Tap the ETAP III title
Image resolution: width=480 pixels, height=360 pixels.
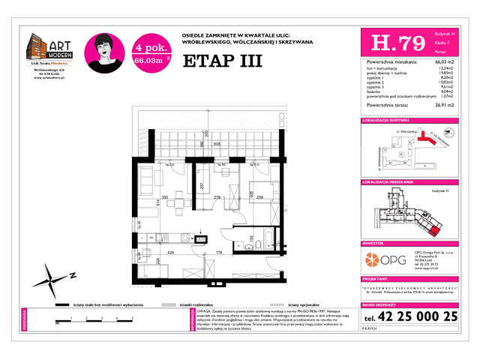222,61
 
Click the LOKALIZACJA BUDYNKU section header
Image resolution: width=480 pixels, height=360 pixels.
385,120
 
